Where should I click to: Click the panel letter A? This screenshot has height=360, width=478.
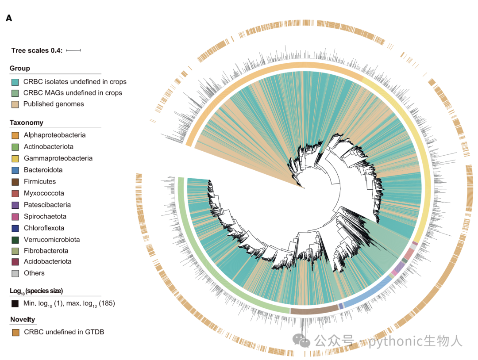9,18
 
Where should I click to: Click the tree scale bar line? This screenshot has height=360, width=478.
73,50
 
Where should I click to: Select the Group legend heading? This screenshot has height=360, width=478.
20,68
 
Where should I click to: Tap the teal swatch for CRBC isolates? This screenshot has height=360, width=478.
15,82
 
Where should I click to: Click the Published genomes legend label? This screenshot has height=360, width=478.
54,104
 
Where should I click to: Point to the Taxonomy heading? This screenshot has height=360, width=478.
27,123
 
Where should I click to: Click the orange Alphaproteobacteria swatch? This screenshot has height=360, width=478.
15,135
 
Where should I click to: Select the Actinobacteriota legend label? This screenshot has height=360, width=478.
49,146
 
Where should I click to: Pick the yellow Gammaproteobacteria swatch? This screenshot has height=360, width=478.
15,158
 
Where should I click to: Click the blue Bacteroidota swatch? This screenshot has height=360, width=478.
15,170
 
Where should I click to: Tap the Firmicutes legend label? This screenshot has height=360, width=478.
40,181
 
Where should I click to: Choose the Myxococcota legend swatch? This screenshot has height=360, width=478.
15,193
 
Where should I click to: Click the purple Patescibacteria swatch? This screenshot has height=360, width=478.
15,205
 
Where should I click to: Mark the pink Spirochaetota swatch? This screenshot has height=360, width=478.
15,217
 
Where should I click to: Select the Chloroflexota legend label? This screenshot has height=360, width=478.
44,228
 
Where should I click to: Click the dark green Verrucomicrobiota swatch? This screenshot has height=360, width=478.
15,240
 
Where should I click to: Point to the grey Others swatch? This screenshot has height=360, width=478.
15,273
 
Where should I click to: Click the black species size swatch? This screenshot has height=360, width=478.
15,303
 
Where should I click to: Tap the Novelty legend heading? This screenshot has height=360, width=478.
23,319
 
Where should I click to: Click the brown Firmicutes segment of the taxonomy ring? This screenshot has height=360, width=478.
314,310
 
